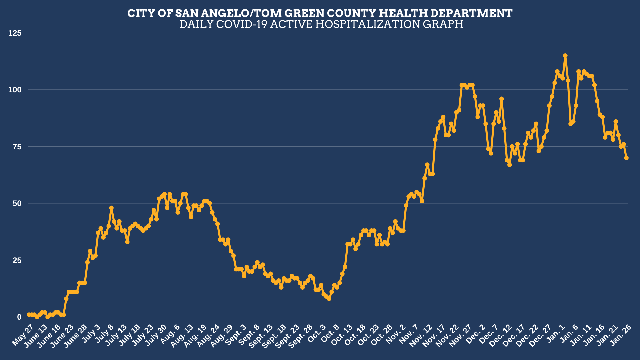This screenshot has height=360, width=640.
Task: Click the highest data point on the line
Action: [x=565, y=56]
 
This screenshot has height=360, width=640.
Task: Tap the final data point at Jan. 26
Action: [x=626, y=158]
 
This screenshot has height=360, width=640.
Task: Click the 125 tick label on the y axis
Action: [x=15, y=33]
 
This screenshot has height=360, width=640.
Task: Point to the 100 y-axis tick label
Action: [x=15, y=90]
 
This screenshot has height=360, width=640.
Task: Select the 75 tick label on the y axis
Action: [x=17, y=147]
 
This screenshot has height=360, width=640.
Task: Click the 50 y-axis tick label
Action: [x=17, y=203]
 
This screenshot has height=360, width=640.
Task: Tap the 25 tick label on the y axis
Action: [x=17, y=260]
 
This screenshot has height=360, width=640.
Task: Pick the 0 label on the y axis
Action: [x=19, y=317]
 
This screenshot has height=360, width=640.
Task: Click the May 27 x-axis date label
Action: [x=23, y=335]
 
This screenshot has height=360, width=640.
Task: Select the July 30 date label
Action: [x=156, y=335]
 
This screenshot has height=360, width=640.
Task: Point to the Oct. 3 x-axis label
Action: [x=316, y=334]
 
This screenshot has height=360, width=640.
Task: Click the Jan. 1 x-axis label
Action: [x=556, y=333]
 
